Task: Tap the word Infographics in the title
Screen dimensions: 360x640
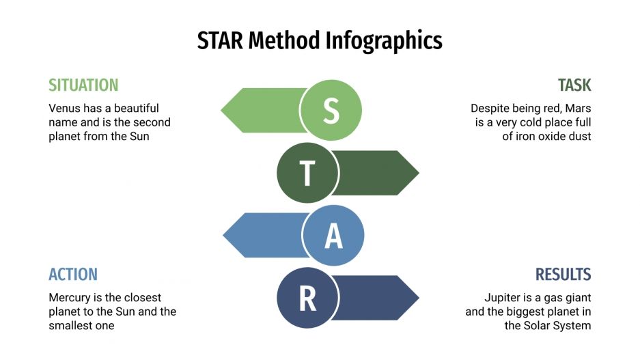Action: click(383, 42)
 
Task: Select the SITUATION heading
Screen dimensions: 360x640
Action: click(83, 85)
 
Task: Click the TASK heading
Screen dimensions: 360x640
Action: click(574, 85)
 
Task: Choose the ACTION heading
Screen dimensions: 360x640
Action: click(73, 275)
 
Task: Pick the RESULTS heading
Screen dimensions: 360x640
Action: click(563, 275)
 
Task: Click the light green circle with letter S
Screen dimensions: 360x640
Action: click(331, 110)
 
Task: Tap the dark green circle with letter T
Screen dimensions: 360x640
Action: click(307, 173)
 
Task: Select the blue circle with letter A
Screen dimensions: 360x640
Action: click(333, 236)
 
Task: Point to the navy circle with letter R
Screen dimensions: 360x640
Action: click(307, 299)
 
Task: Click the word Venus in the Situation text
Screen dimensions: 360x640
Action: click(64, 108)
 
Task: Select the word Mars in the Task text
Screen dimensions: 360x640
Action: click(577, 108)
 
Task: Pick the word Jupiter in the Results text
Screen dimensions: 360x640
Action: click(504, 298)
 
